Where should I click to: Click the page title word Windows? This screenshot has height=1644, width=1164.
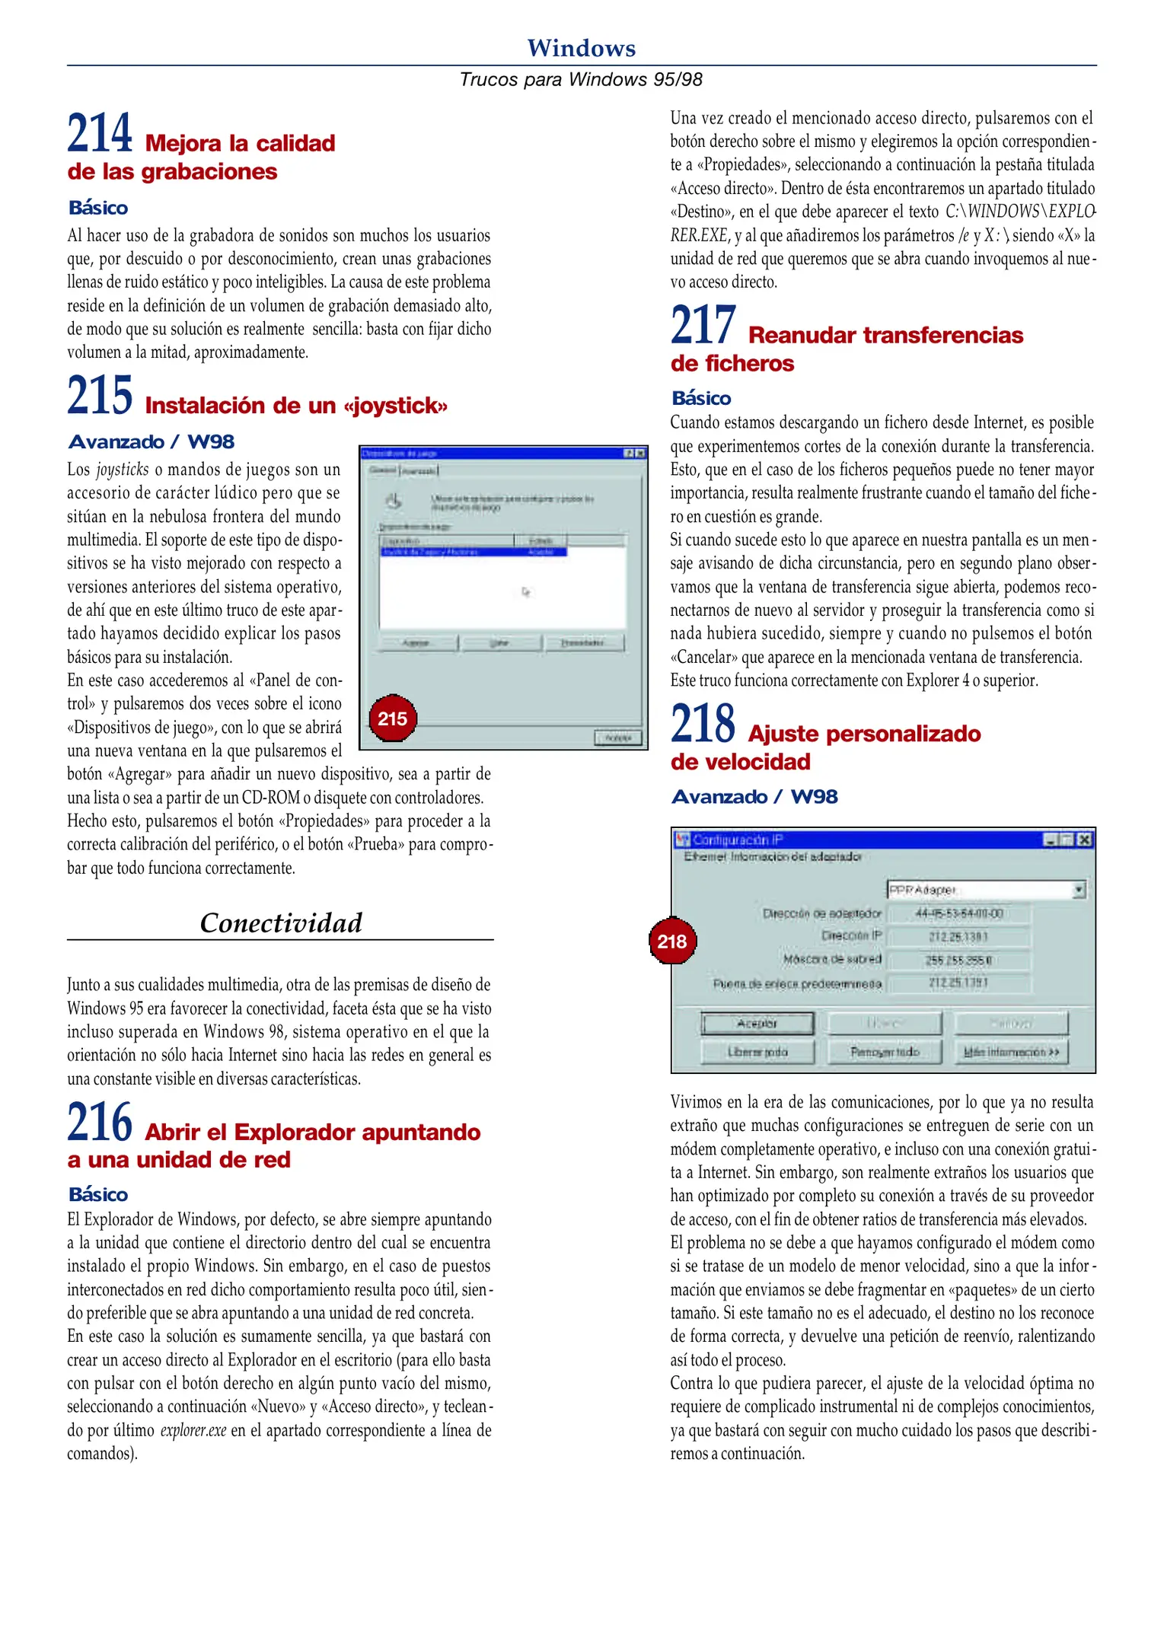581,48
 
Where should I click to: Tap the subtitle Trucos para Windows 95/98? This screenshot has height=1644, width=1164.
581,80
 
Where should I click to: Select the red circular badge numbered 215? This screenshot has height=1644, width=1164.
392,718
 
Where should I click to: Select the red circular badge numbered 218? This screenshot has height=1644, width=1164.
672,941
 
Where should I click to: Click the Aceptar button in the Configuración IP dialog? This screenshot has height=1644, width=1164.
757,1024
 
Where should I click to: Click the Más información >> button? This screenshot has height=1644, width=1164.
1011,1052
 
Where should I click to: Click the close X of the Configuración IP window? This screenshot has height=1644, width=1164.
1084,840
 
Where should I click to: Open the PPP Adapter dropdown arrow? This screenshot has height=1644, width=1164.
1078,890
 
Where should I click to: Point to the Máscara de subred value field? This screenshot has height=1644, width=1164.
959,960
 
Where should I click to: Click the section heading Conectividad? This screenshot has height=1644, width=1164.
280,923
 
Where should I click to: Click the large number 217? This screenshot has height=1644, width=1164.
703,325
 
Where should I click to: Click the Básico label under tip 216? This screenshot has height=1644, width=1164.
98,1194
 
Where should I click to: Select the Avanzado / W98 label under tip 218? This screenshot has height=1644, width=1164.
754,797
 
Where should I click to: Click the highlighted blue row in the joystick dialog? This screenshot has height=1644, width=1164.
472,552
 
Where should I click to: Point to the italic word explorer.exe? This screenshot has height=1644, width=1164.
193,1430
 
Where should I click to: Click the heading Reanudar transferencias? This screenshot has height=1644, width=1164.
885,336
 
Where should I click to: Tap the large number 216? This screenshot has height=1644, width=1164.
100,1123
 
